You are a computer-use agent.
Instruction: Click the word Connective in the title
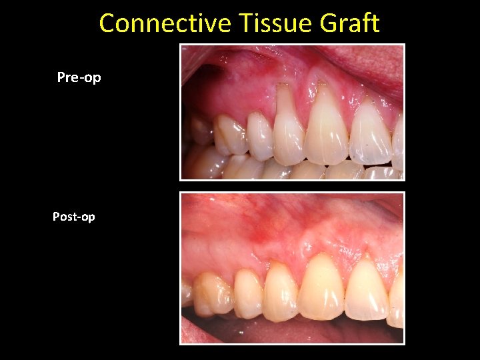[x=164, y=23]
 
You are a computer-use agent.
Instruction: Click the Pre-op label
[x=79, y=77]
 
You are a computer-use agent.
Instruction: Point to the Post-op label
[x=74, y=217]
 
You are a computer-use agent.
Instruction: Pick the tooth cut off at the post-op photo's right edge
[x=397, y=300]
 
